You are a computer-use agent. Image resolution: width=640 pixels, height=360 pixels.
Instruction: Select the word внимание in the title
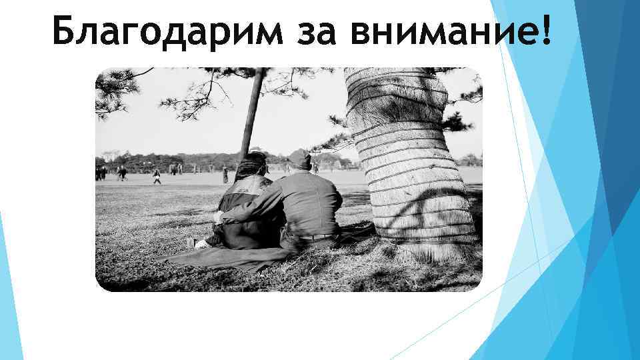[x=441, y=31]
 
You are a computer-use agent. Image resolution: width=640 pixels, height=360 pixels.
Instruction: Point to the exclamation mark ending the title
[x=547, y=31]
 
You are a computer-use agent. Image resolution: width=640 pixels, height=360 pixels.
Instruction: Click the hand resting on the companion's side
[x=220, y=217]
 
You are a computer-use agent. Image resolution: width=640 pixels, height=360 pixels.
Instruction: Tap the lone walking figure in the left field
[x=157, y=176]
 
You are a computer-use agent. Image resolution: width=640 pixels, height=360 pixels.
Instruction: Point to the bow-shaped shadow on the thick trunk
[x=427, y=213]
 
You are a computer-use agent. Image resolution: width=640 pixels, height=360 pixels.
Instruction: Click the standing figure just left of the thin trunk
[x=225, y=175]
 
